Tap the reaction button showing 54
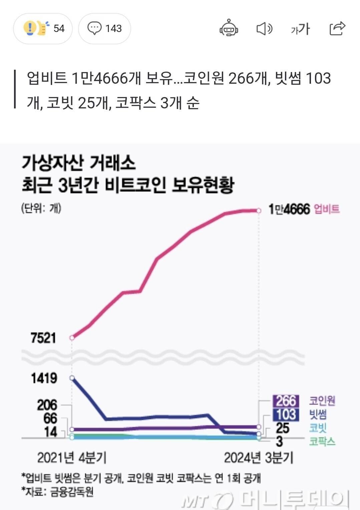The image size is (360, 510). pyautogui.click(x=43, y=28)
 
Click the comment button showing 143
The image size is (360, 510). pyautogui.click(x=104, y=28)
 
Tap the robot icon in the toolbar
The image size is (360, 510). pyautogui.click(x=229, y=28)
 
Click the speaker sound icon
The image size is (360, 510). pyautogui.click(x=264, y=29)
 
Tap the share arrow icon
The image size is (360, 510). pyautogui.click(x=337, y=28)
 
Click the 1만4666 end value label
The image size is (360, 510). pyautogui.click(x=289, y=209)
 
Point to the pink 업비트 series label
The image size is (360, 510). pyautogui.click(x=327, y=209)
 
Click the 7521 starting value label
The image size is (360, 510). pyautogui.click(x=43, y=338)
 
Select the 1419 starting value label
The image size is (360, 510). pyautogui.click(x=44, y=378)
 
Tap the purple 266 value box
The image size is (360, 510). pyautogui.click(x=286, y=401)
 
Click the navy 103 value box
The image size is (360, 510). pyautogui.click(x=286, y=414)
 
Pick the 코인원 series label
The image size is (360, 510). pyautogui.click(x=322, y=401)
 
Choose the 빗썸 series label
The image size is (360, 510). pyautogui.click(x=318, y=415)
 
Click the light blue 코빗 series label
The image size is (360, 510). pyautogui.click(x=318, y=428)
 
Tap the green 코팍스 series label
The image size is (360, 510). pyautogui.click(x=322, y=442)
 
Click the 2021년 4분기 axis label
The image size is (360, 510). pyautogui.click(x=72, y=458)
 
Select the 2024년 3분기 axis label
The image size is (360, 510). pyautogui.click(x=259, y=458)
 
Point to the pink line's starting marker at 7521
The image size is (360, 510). pyautogui.click(x=72, y=338)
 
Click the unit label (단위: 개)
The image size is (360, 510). pyautogui.click(x=41, y=208)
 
